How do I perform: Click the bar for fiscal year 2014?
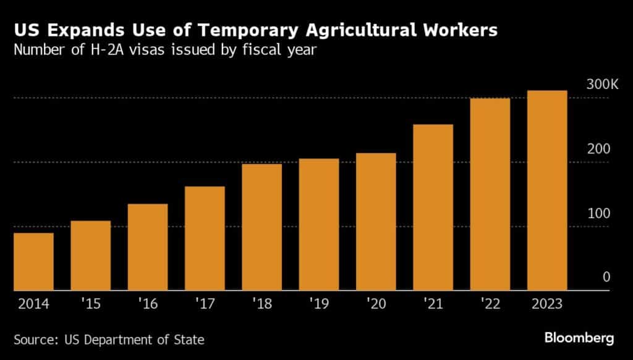click(x=33, y=261)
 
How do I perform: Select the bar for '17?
click(x=205, y=238)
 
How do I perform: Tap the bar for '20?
click(x=376, y=221)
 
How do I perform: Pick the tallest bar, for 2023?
click(x=547, y=190)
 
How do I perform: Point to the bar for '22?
click(x=490, y=194)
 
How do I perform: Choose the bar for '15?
click(x=90, y=255)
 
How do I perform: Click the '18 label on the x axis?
click(x=261, y=304)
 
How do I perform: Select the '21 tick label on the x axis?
click(x=433, y=304)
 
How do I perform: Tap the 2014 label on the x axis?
click(x=33, y=304)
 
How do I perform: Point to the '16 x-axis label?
click(x=147, y=304)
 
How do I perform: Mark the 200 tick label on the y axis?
click(x=600, y=149)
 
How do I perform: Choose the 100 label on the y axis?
click(x=600, y=213)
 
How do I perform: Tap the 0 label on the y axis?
click(x=606, y=277)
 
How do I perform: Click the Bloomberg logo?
click(x=579, y=338)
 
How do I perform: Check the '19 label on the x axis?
click(x=318, y=304)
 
